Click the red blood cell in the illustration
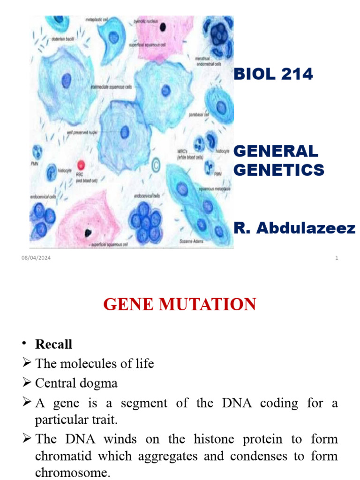[x=81, y=165]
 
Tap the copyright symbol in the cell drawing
[x=156, y=165]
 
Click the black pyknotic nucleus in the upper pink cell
[x=162, y=27]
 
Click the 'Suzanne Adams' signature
[x=191, y=240]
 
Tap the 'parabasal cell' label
[x=199, y=114]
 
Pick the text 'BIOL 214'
[x=273, y=74]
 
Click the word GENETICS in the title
[x=278, y=169]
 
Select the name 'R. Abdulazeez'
[x=294, y=228]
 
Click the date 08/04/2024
[x=36, y=258]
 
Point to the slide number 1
[x=337, y=258]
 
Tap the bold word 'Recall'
[x=54, y=344]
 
